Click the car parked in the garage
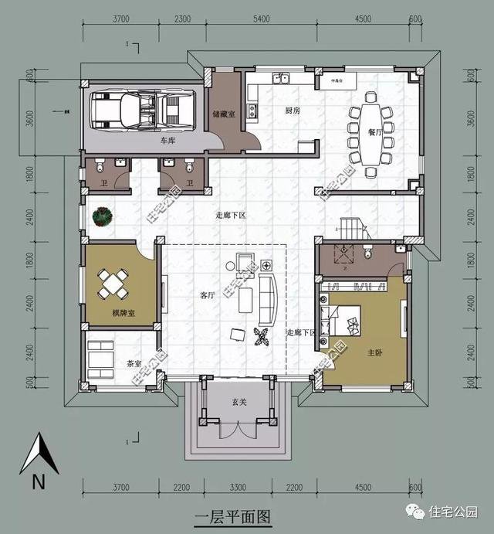(x=142, y=110)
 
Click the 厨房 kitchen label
(x=292, y=111)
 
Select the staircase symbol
(x=352, y=228)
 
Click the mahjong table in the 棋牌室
(x=113, y=284)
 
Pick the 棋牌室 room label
(x=123, y=313)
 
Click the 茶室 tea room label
(x=134, y=362)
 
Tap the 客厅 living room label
(x=208, y=294)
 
